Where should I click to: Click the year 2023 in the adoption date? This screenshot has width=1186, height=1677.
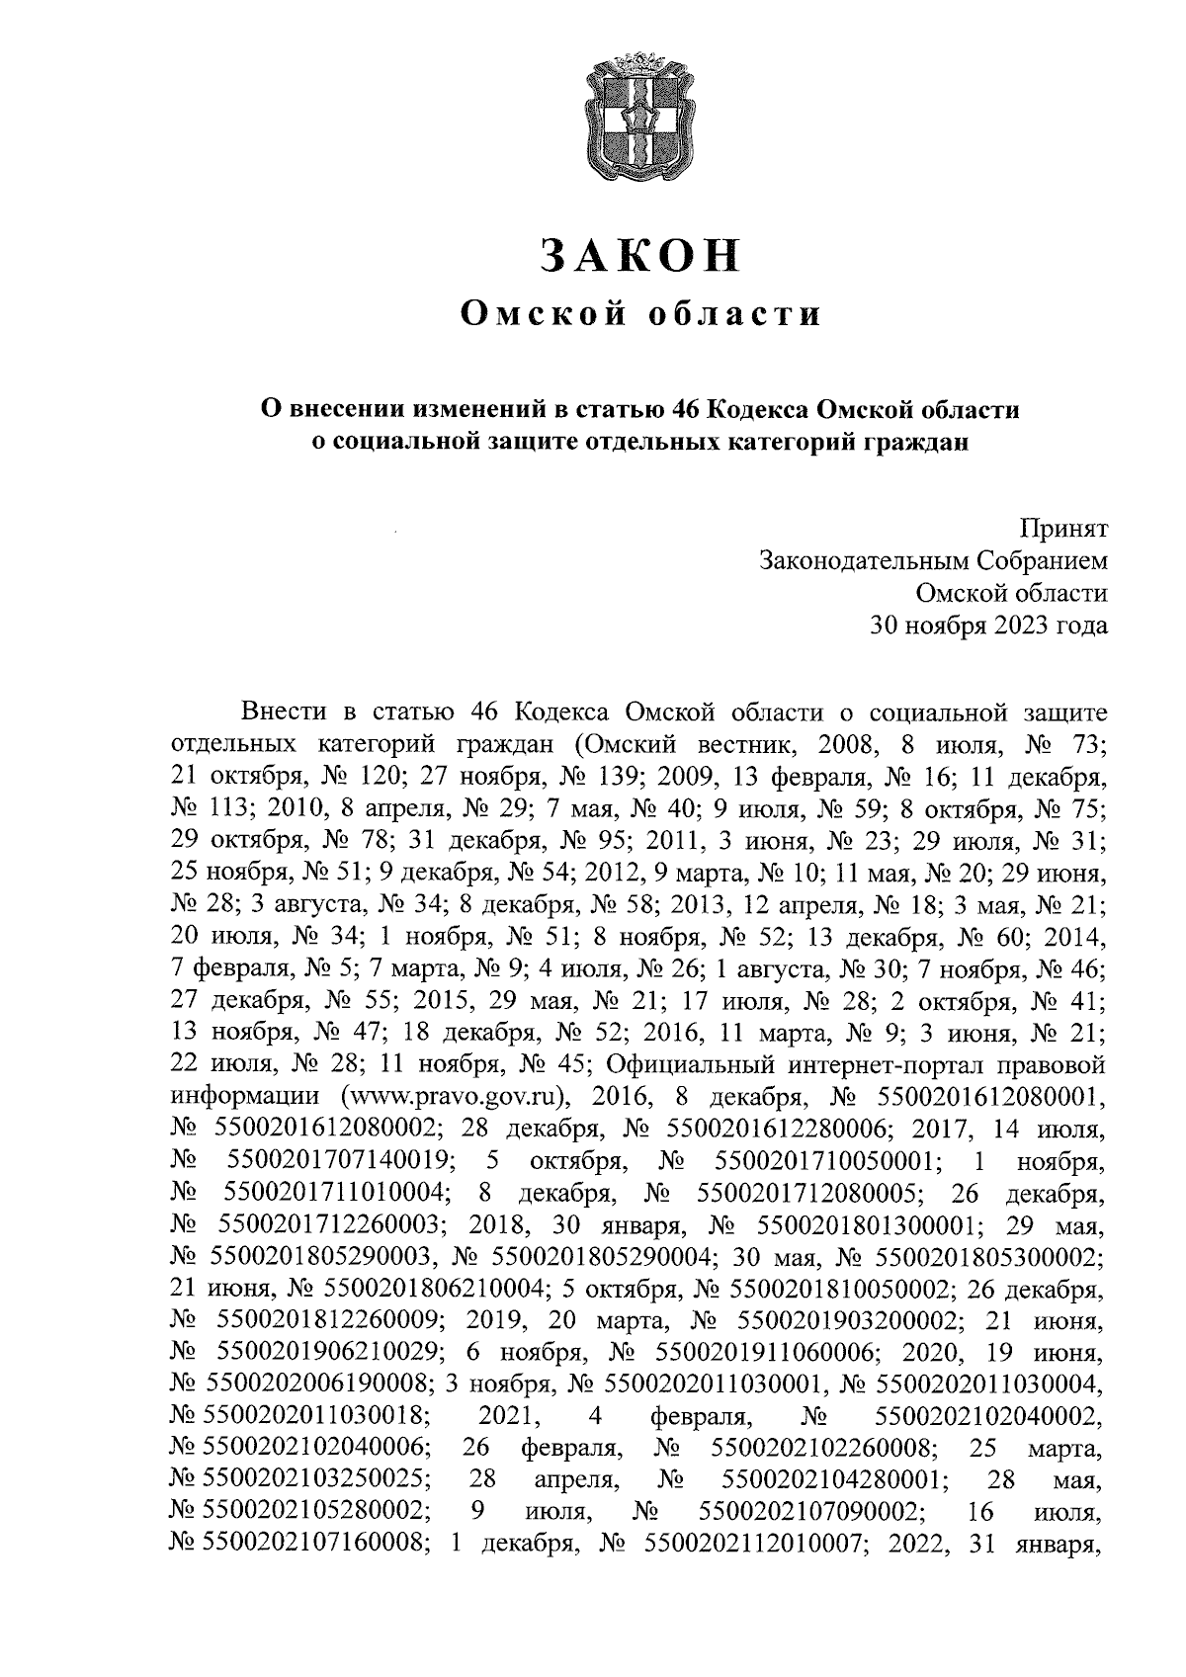1000,625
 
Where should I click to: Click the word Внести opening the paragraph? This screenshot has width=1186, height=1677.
284,713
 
